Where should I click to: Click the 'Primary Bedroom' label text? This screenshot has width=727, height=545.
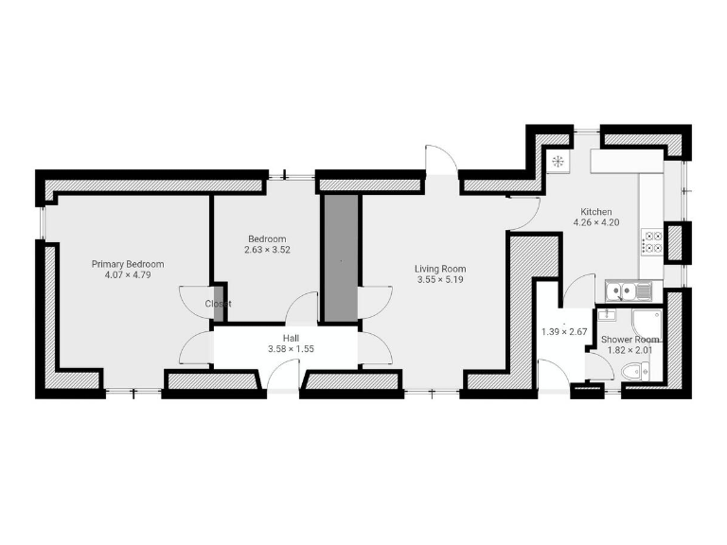click(x=128, y=264)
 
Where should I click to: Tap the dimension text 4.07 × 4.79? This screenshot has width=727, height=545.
click(x=128, y=275)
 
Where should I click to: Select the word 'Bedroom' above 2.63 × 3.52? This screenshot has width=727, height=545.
click(x=266, y=238)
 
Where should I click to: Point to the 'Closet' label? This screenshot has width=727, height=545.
click(x=219, y=304)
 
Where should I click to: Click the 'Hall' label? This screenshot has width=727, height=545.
click(x=291, y=338)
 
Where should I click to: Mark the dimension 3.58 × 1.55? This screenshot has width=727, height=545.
click(x=291, y=349)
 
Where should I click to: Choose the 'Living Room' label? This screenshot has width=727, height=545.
click(x=440, y=269)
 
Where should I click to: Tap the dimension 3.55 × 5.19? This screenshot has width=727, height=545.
click(x=440, y=280)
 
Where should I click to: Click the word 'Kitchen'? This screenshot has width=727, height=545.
click(x=595, y=212)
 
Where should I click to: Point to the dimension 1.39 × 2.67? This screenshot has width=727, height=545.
click(x=565, y=332)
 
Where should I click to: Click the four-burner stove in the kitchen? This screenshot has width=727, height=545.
click(x=651, y=242)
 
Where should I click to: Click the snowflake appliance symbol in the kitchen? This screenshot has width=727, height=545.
click(x=558, y=160)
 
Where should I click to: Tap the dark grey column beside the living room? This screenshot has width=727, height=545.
click(x=340, y=257)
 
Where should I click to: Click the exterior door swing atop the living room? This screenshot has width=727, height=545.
click(x=440, y=159)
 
